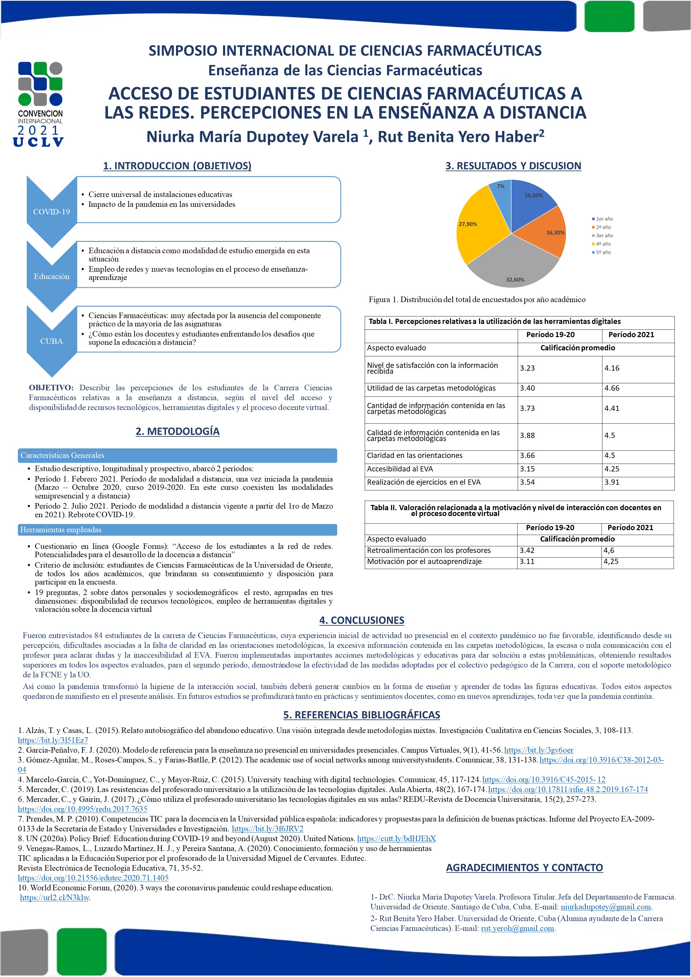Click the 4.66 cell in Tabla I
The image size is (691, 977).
click(x=612, y=388)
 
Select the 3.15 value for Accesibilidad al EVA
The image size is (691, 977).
click(x=527, y=469)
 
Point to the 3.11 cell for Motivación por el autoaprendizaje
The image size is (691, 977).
click(x=527, y=562)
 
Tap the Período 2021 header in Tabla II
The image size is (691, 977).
click(x=630, y=528)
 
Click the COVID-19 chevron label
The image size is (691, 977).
click(x=52, y=212)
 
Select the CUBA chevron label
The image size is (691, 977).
click(x=52, y=341)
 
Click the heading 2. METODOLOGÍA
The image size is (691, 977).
click(x=177, y=431)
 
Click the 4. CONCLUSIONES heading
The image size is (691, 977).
click(x=362, y=620)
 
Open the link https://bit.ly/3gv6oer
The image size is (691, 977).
click(x=538, y=750)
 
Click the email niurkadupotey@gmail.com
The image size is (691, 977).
click(x=605, y=907)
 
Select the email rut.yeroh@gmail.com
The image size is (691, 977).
click(x=517, y=928)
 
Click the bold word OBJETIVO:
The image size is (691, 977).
click(x=51, y=388)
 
